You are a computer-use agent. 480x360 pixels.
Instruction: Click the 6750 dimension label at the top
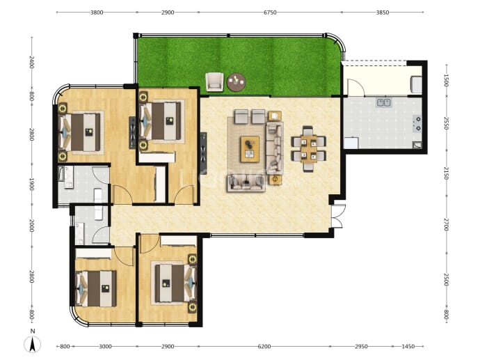pyautogui.click(x=270, y=13)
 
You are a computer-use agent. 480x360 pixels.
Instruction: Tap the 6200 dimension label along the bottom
pyautogui.click(x=264, y=347)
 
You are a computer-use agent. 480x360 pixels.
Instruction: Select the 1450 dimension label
pyautogui.click(x=408, y=347)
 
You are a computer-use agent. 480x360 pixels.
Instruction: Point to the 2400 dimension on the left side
pyautogui.click(x=31, y=62)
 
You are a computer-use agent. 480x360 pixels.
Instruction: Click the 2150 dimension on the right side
pyautogui.click(x=446, y=173)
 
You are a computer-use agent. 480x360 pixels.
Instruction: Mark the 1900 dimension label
pyautogui.click(x=31, y=185)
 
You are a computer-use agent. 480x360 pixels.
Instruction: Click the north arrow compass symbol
pyautogui.click(x=33, y=343)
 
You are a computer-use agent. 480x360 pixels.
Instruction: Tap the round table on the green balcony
pyautogui.click(x=237, y=82)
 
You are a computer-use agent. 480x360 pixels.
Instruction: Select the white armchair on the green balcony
pyautogui.click(x=214, y=81)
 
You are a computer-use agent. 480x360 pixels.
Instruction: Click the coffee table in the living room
pyautogui.click(x=250, y=149)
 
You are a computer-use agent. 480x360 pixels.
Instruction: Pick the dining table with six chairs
pyautogui.click(x=308, y=149)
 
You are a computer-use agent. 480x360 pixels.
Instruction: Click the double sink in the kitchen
pyautogui.click(x=383, y=102)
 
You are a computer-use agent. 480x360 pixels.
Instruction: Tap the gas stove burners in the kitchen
pyautogui.click(x=417, y=123)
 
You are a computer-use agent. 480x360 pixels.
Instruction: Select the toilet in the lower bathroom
pyautogui.click(x=98, y=212)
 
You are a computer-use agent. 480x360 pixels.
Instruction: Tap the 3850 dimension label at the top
pyautogui.click(x=383, y=13)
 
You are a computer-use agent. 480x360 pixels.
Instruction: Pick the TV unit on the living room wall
pyautogui.click(x=203, y=153)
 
